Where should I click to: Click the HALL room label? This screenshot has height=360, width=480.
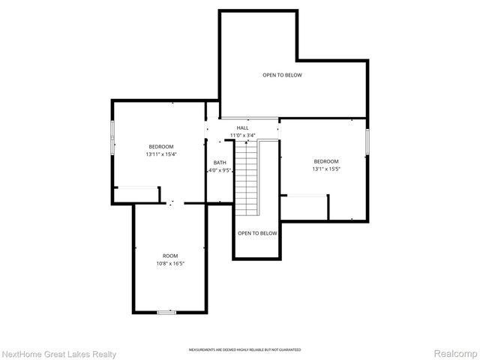tap(242, 128)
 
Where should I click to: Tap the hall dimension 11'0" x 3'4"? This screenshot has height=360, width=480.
tap(242, 136)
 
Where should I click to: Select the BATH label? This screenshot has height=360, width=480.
tap(220, 163)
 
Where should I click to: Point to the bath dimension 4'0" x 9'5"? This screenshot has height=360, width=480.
tap(220, 170)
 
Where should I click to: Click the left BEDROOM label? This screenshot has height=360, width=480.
tap(160, 146)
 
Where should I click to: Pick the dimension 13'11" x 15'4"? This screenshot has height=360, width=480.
tap(160, 154)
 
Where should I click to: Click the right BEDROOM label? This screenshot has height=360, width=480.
tap(325, 162)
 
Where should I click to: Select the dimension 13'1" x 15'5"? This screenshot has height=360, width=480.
tap(325, 169)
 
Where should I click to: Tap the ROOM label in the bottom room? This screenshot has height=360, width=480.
tap(170, 256)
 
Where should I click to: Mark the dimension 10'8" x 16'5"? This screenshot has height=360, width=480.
tap(170, 264)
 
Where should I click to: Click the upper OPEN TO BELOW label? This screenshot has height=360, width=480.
tap(282, 75)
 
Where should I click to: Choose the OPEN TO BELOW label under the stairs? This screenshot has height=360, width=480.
tap(257, 233)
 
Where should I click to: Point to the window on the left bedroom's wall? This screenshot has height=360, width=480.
tap(112, 137)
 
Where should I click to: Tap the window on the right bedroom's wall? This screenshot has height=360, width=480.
tap(367, 142)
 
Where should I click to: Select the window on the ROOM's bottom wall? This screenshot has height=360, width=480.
tap(166, 311)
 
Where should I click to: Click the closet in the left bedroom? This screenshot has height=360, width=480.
tap(136, 194)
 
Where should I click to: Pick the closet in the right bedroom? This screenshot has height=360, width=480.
tap(304, 207)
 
